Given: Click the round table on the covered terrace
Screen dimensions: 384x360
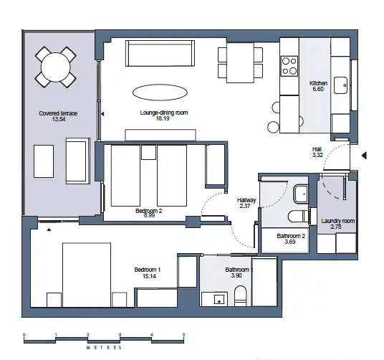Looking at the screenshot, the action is pos(56,67).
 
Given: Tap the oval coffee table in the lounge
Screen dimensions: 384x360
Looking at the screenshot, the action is pos(160,93).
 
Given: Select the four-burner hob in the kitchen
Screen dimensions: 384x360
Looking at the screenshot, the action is pos(289,66).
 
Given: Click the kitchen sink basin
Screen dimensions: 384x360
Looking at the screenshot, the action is pos(340,85).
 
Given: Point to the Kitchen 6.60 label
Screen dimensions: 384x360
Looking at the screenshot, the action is pos(318,86).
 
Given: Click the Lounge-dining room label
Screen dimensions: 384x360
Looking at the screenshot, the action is pos(164,113).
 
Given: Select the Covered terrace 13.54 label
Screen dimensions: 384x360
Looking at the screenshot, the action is pos(58,116).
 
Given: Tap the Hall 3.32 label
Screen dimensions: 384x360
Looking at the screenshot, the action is pos(317,152).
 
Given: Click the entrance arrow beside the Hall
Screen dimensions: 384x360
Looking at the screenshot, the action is pos(364,156).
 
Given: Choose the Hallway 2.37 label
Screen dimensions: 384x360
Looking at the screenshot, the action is pos(246,203).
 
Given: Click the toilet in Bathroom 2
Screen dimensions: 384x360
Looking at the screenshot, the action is pos(298,217).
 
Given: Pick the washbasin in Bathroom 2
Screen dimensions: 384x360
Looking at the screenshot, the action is pos(301,194).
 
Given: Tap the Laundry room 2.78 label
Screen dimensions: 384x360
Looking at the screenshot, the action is pos(337,224).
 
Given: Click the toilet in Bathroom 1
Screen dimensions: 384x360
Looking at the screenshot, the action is pos(241,295).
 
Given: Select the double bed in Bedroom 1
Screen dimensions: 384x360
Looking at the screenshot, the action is pos(87,275).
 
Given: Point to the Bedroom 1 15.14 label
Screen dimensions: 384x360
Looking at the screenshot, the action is pos(148,273).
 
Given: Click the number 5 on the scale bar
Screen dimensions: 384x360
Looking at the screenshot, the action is pos(183,334).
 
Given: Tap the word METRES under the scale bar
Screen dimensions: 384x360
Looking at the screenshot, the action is pos(104,348).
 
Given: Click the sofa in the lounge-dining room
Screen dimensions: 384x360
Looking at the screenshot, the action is pos(160,53).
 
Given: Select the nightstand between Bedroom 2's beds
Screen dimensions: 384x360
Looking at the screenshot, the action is pos(148,152).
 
